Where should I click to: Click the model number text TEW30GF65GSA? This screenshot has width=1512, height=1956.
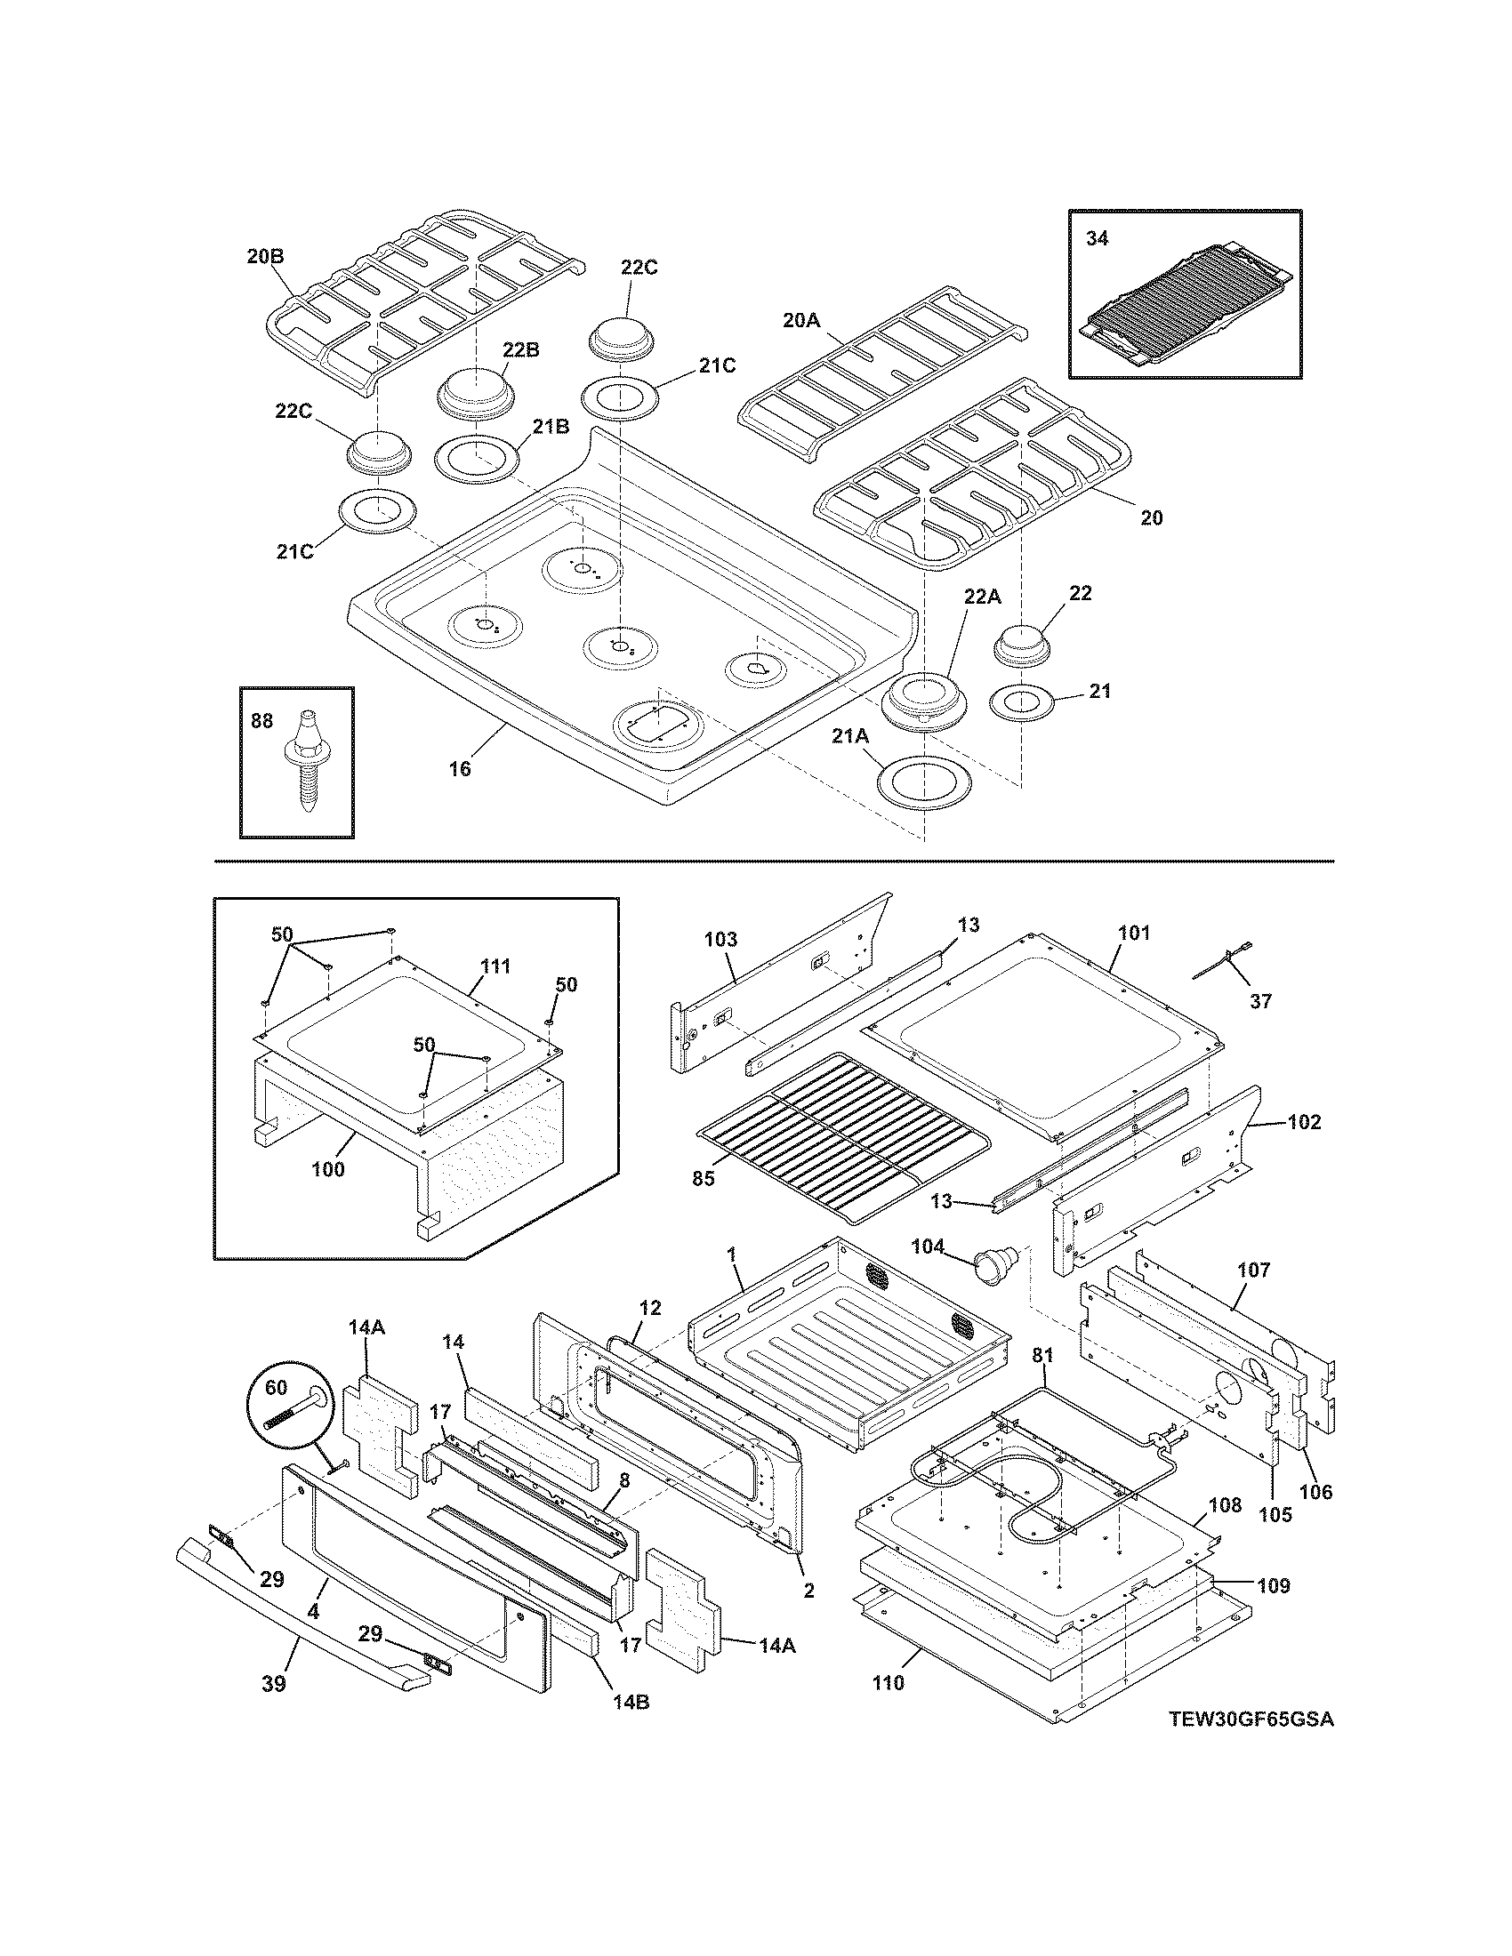[1251, 1744]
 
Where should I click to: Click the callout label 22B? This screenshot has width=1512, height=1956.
[519, 349]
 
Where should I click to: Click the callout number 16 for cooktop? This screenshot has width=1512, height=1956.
[459, 768]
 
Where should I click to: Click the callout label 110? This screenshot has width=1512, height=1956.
[888, 1682]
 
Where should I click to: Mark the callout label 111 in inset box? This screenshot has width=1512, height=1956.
[495, 966]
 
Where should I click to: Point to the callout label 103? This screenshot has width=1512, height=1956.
[720, 940]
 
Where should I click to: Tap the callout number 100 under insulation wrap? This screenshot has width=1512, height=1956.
[328, 1169]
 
